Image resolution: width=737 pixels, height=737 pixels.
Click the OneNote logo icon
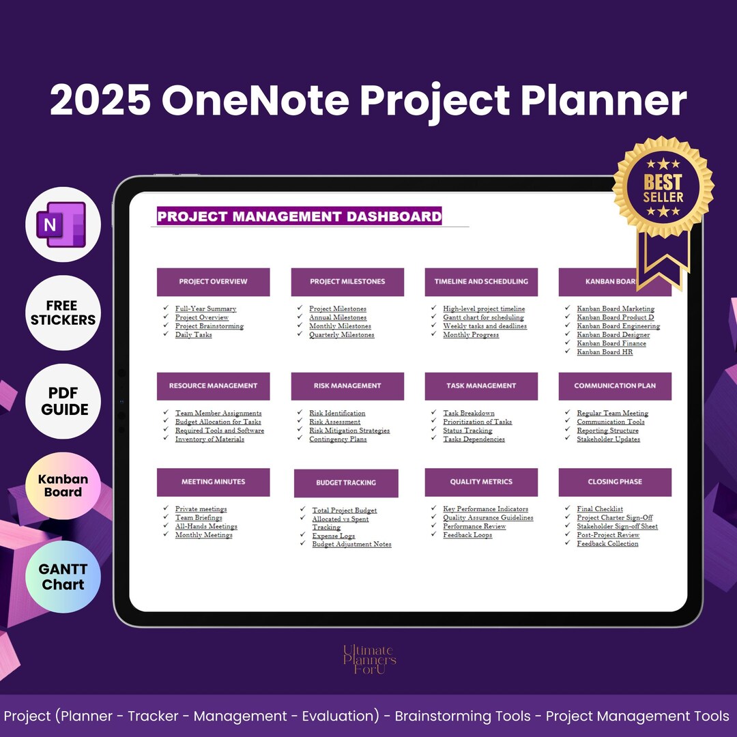63,225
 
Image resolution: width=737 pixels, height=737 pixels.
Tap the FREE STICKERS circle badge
63,313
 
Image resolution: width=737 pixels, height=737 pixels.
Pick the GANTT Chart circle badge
63,577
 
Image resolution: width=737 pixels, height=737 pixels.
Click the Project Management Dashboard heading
299,217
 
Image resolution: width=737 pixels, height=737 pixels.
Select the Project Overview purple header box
213,282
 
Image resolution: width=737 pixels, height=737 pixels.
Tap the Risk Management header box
347,386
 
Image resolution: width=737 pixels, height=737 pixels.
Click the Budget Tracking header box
346,483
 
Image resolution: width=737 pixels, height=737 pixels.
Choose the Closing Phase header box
615,482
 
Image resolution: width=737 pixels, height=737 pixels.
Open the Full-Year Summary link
205,309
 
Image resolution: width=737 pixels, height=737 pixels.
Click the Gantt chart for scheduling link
483,317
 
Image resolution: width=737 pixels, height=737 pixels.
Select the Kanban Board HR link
605,352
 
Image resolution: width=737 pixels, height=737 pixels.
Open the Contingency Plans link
338,439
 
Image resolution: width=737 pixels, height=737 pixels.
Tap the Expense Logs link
333,536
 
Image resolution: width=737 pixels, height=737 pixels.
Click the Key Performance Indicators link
485,509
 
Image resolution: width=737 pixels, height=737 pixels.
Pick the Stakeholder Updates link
608,439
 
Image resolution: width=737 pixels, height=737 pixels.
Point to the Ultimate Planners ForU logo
369,660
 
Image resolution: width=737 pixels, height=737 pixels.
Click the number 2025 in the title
100,101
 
